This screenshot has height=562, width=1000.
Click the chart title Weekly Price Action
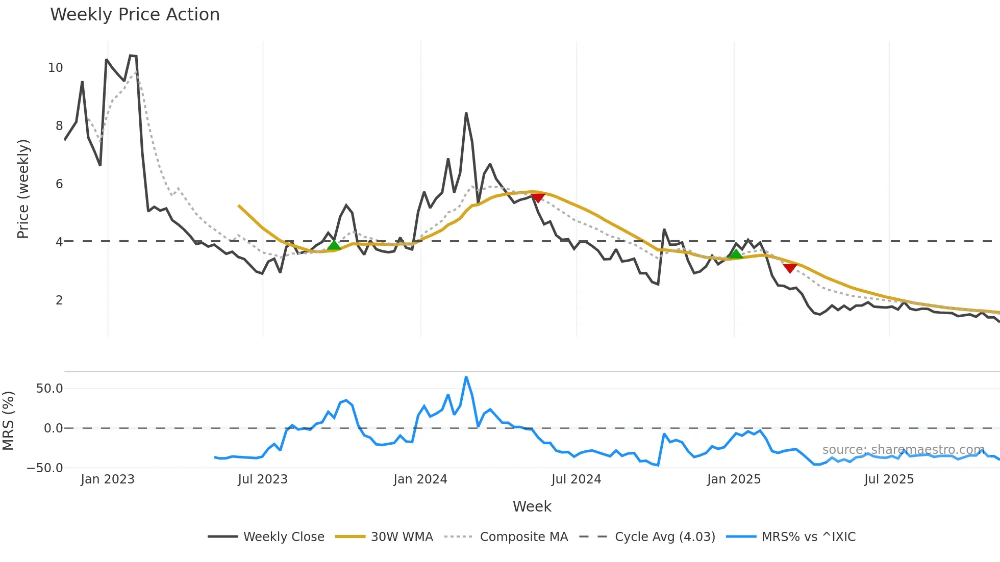coord(135,15)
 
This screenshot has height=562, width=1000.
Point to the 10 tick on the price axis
coord(56,68)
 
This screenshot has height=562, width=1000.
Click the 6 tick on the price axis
coord(59,184)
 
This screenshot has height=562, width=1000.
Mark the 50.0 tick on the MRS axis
coord(49,389)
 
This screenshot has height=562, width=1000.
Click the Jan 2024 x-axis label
coord(420,479)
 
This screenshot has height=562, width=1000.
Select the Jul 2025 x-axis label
coord(889,479)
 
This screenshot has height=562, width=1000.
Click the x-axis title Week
coord(532,506)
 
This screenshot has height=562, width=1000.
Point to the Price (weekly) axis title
coord(23,189)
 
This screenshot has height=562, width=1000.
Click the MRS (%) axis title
coord(8,421)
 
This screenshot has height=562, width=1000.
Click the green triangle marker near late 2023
coord(334,245)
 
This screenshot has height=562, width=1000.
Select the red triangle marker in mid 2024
coord(538,197)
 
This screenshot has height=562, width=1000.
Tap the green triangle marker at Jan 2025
coord(735,253)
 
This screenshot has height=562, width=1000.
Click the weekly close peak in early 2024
coord(466,114)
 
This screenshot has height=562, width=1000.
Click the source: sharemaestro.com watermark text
coord(903,450)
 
